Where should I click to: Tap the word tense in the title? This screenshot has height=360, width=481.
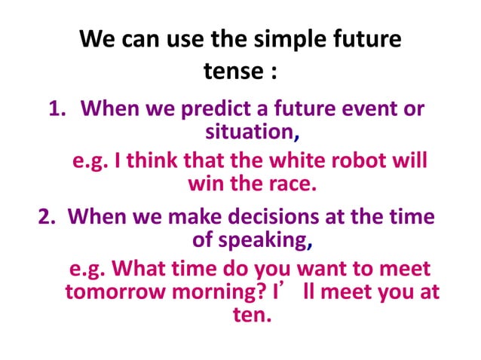tap(229, 72)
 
